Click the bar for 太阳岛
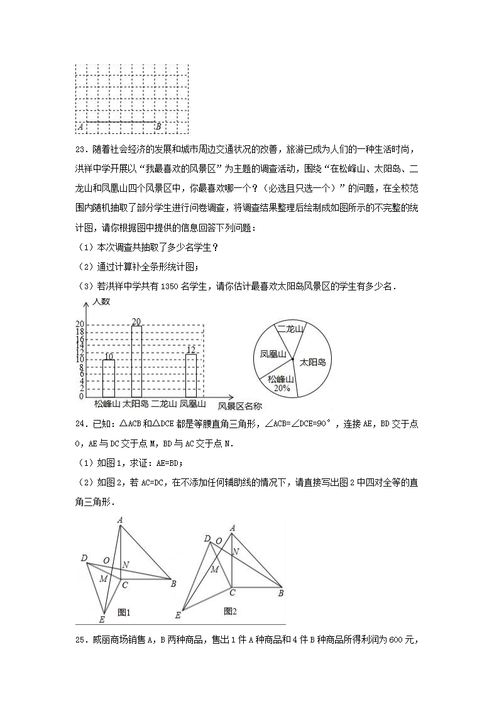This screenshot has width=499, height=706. point(136,361)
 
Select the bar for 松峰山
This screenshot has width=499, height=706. point(108,378)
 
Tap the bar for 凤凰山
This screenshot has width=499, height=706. point(192,375)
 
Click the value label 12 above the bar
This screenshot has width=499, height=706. point(192,350)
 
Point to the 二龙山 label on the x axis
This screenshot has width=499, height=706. point(164,404)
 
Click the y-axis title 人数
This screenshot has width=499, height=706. point(101,302)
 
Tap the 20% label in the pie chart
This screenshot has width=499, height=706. point(281,388)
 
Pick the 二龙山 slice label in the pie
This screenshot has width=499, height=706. point(290,329)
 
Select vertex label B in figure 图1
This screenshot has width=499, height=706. point(173,584)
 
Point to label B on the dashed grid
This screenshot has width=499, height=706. point(158,126)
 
